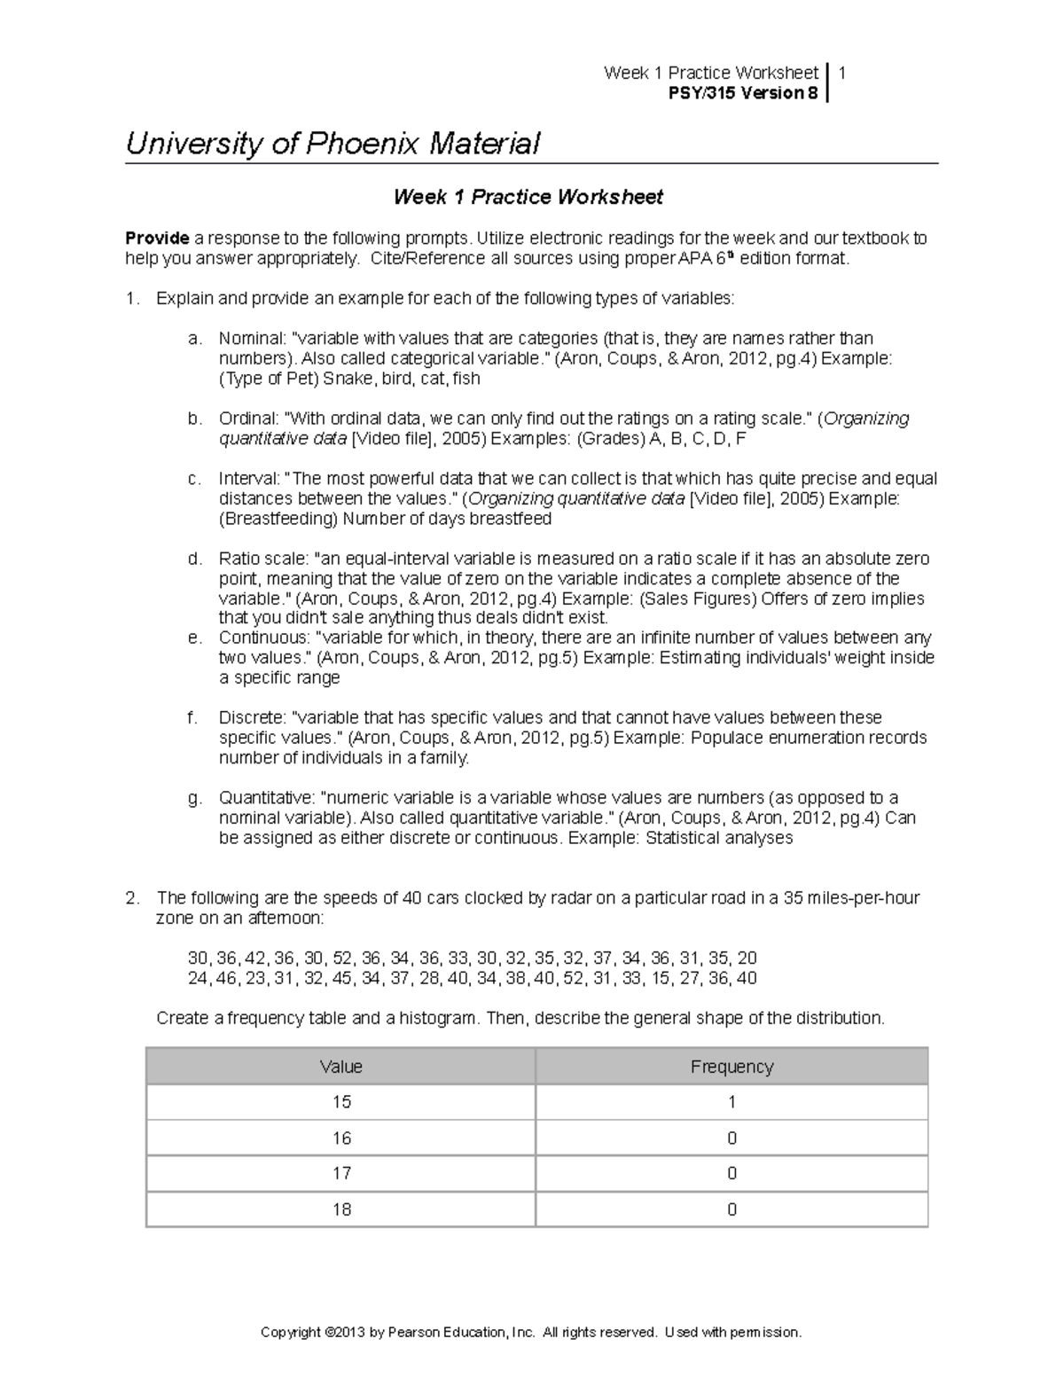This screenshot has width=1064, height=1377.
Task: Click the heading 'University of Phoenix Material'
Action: pos(332,144)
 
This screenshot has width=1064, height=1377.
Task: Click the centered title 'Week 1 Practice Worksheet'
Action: pos(528,197)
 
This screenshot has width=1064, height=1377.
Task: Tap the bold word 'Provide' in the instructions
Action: pos(157,239)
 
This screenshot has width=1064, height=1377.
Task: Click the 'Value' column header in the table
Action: pos(340,1067)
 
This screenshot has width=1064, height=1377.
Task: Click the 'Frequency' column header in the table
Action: pos(731,1067)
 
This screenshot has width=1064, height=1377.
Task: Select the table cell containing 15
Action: pos(340,1102)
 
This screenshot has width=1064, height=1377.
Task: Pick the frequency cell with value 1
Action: pos(731,1102)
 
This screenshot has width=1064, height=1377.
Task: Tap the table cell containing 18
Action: pos(340,1209)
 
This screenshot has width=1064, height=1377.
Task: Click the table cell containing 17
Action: pos(340,1173)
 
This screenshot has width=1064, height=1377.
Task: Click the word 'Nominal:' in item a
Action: pos(252,339)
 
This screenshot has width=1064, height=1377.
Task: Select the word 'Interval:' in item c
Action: pos(250,479)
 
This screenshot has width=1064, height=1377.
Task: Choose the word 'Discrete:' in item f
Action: pos(252,717)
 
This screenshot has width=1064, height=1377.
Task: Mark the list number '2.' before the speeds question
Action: pos(132,898)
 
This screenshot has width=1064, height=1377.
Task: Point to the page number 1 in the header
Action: pos(841,73)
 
